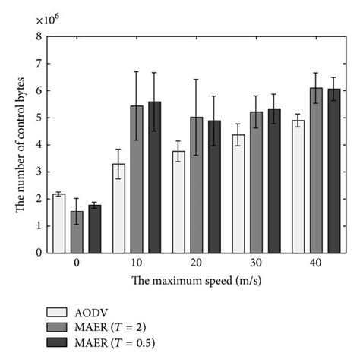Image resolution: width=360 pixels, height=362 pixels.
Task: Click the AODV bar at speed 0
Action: (58, 223)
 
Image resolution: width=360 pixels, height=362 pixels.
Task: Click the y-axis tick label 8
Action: (38, 36)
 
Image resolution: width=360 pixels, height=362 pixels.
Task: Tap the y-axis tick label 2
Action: (38, 199)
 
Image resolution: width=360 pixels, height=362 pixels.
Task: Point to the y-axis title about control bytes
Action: (20, 144)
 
